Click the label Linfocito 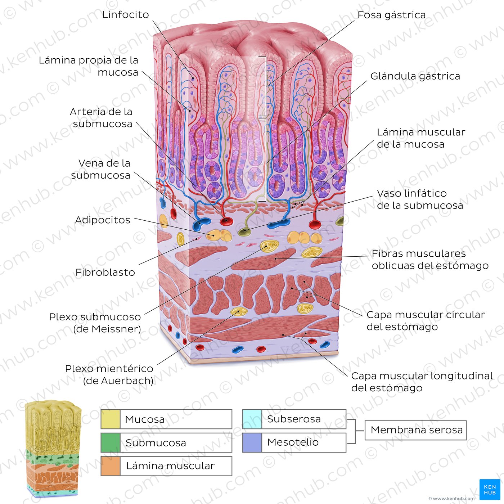[126, 15]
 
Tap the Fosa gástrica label [391, 15]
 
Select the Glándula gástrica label [415, 76]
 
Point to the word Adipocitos [103, 220]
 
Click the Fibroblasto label [105, 272]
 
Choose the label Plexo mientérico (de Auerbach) [109, 374]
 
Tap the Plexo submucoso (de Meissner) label [95, 323]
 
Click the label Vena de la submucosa [101, 169]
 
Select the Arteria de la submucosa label [101, 118]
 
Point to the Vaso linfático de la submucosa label [420, 199]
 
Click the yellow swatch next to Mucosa [111, 419]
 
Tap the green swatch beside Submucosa [111, 442]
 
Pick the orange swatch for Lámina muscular [111, 466]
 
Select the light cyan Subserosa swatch [252, 419]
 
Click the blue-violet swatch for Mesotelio [252, 442]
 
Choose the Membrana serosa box [415, 430]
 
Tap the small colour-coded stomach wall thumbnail [53, 448]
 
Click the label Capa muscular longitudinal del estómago [422, 382]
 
